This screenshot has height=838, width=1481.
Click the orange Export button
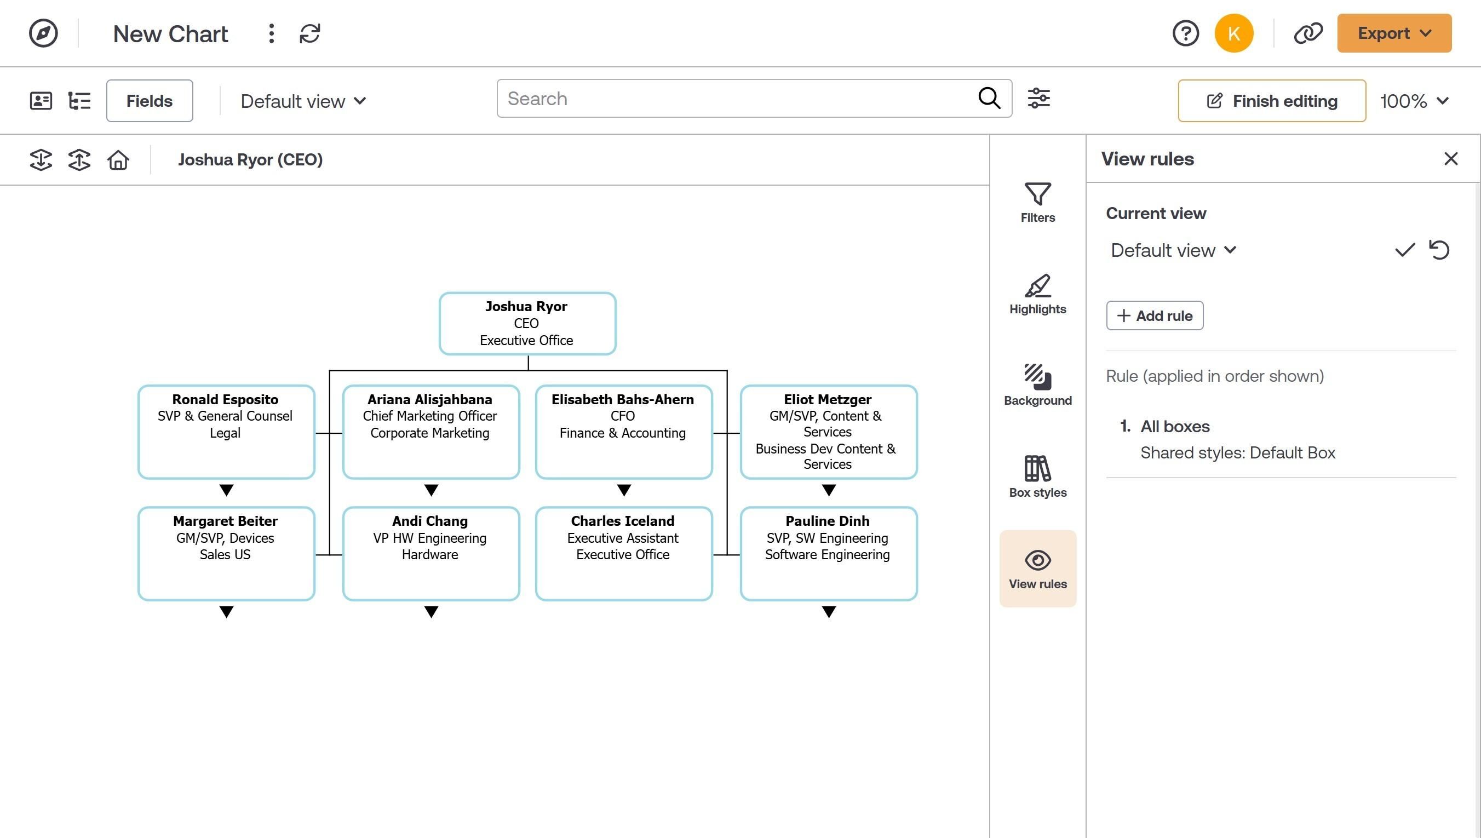coord(1393,33)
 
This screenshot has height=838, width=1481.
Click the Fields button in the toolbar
coord(150,101)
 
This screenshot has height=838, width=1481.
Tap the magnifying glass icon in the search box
coord(989,99)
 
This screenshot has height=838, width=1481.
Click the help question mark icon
coord(1185,33)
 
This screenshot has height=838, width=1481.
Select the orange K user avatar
coord(1233,33)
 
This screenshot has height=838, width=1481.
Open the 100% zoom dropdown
coord(1414,101)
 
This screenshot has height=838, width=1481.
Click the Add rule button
coord(1154,315)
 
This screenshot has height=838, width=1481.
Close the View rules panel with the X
coord(1450,158)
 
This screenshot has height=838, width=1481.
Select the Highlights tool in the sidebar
coord(1037,294)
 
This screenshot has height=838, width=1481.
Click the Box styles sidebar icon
coord(1037,477)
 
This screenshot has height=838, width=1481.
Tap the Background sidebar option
coord(1037,385)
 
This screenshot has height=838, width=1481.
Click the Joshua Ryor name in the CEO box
coord(526,306)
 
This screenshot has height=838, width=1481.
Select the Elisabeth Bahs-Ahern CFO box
coord(624,432)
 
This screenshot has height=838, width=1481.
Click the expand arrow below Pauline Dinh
coord(829,612)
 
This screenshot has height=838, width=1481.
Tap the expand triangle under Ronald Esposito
coord(227,490)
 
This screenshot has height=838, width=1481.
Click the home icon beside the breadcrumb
coord(118,159)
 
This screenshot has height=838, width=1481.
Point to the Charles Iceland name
coord(623,521)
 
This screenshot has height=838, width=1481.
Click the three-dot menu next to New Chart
coord(272,33)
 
